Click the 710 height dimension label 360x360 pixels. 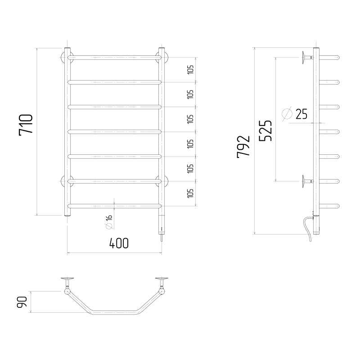coord(26,126)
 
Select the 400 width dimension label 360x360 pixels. coord(119,243)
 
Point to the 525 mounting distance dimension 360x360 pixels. coord(265,131)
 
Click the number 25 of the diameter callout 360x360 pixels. coord(301,114)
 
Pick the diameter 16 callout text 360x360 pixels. coord(109,221)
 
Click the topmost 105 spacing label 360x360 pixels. coord(190,69)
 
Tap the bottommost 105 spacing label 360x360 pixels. coord(190,193)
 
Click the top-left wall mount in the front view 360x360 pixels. coord(64,57)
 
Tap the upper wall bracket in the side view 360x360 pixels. coord(307,57)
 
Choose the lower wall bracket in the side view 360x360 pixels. coord(307,181)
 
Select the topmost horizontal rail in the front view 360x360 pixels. coord(114,57)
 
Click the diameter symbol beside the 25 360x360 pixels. coord(286,114)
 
